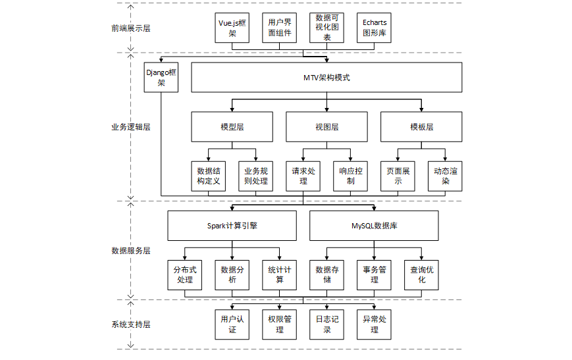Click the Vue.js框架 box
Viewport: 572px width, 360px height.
232,28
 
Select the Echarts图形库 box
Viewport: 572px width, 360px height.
374,28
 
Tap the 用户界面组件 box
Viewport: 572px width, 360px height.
280,28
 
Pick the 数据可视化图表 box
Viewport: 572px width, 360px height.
327,28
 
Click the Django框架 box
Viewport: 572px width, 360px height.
161,77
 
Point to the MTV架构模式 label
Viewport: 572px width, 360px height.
326,78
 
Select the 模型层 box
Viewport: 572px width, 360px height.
232,127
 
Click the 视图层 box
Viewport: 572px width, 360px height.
327,127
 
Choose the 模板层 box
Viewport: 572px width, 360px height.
421,127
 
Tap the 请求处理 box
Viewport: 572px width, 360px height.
303,176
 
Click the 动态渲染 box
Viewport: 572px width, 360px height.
445,176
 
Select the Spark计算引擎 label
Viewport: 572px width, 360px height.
232,226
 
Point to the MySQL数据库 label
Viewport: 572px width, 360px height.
375,226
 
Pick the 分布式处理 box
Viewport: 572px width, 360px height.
184,275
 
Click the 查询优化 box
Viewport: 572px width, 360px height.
421,275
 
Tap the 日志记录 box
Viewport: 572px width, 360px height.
327,324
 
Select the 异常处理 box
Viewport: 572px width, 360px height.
374,324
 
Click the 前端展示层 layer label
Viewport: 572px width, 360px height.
130,28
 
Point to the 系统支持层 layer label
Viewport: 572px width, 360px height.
130,324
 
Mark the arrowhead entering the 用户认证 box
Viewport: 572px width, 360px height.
232,307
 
